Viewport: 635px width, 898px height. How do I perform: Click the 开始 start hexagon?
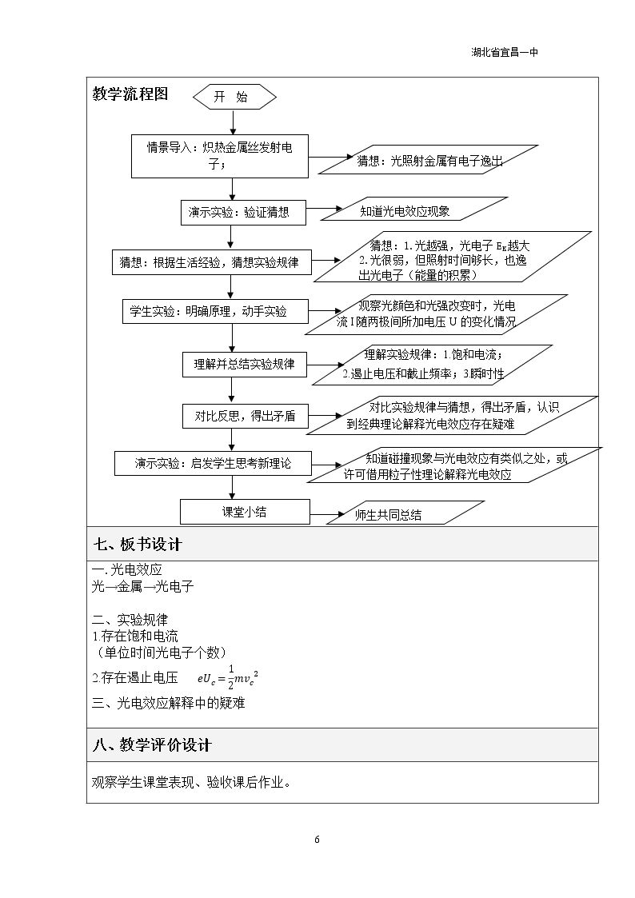tap(235, 97)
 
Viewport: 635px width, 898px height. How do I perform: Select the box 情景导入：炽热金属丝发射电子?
tap(220, 156)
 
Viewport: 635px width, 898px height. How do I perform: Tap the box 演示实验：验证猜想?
tap(243, 213)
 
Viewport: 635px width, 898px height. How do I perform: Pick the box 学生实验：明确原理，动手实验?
tap(215, 312)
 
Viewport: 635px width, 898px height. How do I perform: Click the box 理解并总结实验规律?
tap(245, 365)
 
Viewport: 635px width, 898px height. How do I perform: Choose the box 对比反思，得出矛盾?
tap(245, 417)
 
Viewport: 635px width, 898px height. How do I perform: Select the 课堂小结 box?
tap(245, 512)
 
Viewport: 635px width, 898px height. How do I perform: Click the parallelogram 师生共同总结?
tap(405, 513)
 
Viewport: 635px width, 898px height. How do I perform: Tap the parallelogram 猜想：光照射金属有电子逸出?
tap(429, 159)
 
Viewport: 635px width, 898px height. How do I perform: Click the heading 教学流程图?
tap(130, 94)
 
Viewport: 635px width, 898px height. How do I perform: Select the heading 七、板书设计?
tap(138, 544)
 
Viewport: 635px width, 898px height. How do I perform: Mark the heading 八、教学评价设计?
tap(152, 744)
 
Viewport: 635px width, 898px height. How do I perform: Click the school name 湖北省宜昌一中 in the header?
tap(505, 52)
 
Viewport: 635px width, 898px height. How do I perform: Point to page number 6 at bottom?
tap(317, 840)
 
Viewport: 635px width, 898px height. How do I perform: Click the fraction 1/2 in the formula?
tap(231, 677)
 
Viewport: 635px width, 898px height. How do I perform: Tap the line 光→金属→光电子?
tap(142, 586)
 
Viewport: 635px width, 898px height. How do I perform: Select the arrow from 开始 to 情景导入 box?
tap(234, 122)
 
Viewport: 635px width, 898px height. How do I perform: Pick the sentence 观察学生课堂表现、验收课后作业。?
tap(191, 782)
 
